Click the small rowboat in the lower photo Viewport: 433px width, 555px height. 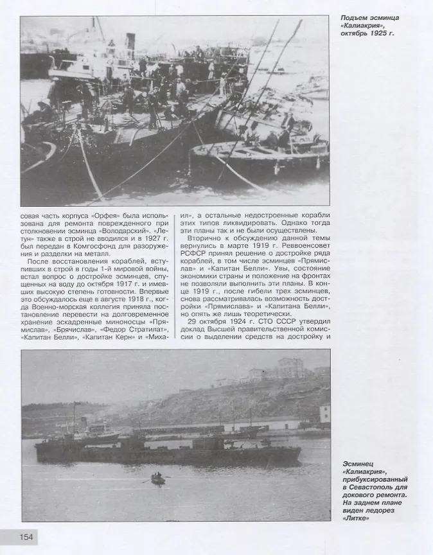(x=157, y=479)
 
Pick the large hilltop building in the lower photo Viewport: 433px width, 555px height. (x=290, y=367)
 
